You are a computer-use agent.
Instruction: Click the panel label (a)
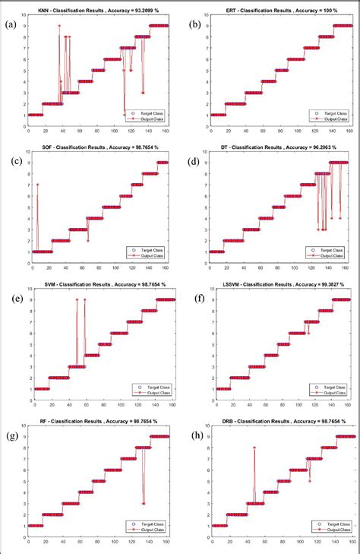pos(11,24)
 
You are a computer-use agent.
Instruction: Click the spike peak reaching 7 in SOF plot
pos(36,185)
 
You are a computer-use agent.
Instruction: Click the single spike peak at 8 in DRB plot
pos(254,447)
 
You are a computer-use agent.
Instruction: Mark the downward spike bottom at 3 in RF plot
pos(143,503)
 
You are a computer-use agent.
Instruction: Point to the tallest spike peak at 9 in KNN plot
pos(58,26)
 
